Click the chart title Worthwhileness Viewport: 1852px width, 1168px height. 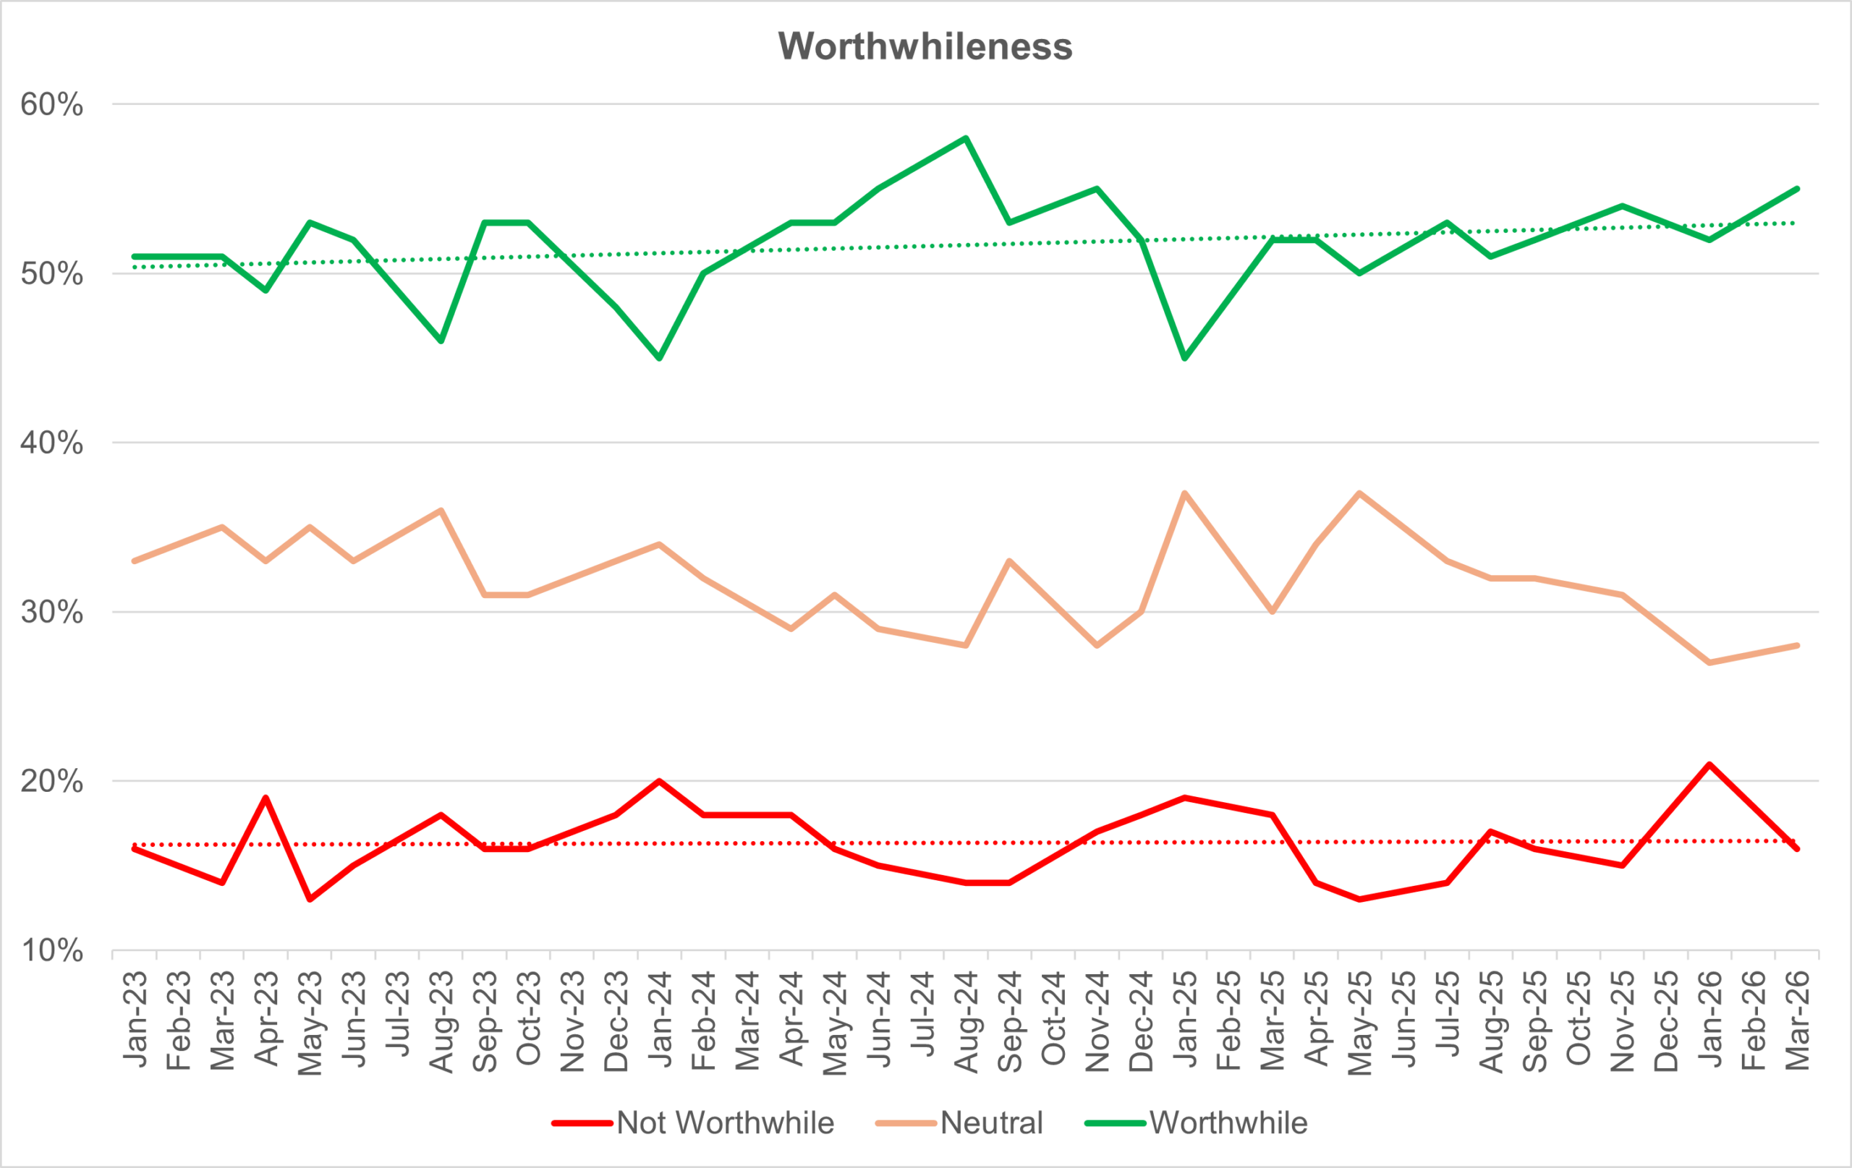coord(925,46)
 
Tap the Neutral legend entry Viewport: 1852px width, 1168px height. coord(990,1123)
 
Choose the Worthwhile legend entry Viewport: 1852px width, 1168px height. coord(1228,1123)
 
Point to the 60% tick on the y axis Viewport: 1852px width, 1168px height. coord(51,105)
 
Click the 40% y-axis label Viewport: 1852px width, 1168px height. coord(51,443)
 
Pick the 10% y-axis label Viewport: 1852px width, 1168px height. coord(51,951)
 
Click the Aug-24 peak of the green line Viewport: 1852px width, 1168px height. coord(966,138)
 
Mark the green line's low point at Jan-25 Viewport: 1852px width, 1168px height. coord(1184,358)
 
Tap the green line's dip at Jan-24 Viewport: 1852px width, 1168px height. coord(659,358)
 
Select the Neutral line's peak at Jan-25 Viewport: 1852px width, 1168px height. coord(1184,493)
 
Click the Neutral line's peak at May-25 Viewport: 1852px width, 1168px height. coord(1360,493)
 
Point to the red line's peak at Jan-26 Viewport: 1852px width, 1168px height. coord(1709,764)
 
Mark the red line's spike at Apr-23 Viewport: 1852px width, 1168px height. coord(266,798)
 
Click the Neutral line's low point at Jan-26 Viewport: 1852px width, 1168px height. coord(1709,662)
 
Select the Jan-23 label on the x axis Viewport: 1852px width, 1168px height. coord(135,1020)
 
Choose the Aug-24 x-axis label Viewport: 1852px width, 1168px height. coord(966,1021)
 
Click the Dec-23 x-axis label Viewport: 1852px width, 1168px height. coord(616,1021)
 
